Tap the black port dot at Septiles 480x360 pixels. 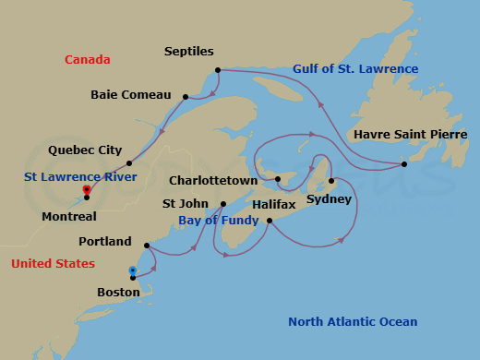217,70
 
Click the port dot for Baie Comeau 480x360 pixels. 186,96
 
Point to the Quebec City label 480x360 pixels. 84,150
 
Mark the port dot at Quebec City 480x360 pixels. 129,163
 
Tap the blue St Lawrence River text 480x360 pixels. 81,176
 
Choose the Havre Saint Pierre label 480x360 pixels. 410,135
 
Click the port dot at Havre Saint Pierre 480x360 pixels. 404,164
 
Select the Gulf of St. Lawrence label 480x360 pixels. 355,69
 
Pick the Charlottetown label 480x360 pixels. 213,181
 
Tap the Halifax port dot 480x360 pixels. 269,221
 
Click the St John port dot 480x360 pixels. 223,204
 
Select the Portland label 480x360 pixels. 104,242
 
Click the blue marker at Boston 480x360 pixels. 133,271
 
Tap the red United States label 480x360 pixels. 53,264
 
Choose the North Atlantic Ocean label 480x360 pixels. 353,322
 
